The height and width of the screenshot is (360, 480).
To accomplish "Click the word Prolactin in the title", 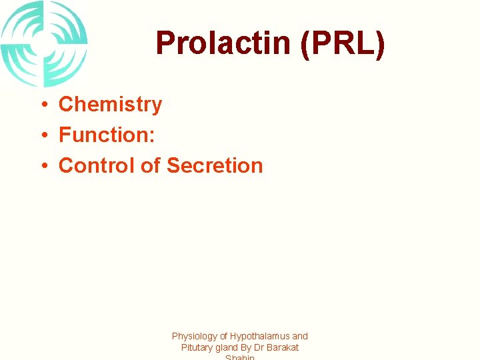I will click(x=223, y=44).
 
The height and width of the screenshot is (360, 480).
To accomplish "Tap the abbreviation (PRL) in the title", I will click(x=341, y=44).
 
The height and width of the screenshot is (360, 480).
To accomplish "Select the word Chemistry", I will click(x=110, y=104).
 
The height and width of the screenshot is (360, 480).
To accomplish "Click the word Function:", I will click(x=107, y=135).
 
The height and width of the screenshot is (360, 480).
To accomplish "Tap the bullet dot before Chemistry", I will click(x=41, y=105).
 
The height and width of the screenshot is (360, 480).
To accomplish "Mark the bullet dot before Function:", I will click(x=41, y=135).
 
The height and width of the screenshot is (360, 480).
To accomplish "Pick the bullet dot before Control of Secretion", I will click(x=41, y=166).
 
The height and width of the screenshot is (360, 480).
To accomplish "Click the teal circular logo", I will click(x=44, y=44).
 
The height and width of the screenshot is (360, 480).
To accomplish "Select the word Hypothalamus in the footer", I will click(x=261, y=337).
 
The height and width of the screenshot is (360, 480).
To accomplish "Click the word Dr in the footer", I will click(x=259, y=347).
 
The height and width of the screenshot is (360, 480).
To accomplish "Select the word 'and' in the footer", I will click(x=300, y=337).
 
